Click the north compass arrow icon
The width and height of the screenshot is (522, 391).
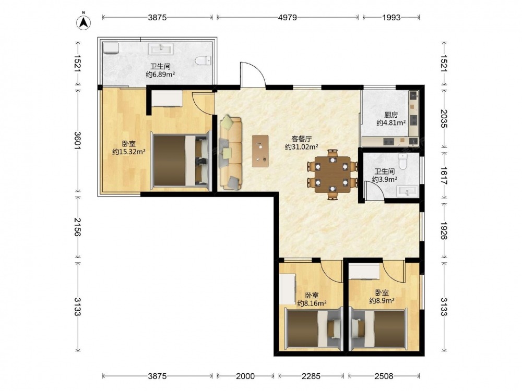coord(84,22)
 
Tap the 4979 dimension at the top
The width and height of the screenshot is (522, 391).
coord(287,17)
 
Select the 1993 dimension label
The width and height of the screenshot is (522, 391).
coord(391,17)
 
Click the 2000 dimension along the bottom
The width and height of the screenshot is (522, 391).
coord(245,376)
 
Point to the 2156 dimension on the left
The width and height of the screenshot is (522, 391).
coord(78,227)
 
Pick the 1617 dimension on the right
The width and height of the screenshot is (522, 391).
coord(444,176)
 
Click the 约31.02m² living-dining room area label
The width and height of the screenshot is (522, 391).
coord(302,146)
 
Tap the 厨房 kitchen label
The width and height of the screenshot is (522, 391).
coord(391,115)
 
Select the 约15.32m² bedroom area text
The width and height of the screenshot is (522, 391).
coord(129,152)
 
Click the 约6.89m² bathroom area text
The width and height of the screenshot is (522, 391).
coord(160,75)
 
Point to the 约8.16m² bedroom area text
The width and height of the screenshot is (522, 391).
coord(312,303)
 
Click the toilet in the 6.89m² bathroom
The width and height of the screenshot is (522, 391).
coord(203,60)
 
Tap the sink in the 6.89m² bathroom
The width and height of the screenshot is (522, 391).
coord(161,48)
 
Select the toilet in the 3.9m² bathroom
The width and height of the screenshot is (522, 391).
coord(403,162)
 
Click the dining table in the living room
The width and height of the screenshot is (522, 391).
coord(332,175)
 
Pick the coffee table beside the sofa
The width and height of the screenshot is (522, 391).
coord(260,151)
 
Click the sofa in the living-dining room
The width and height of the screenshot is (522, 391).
coord(230,153)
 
